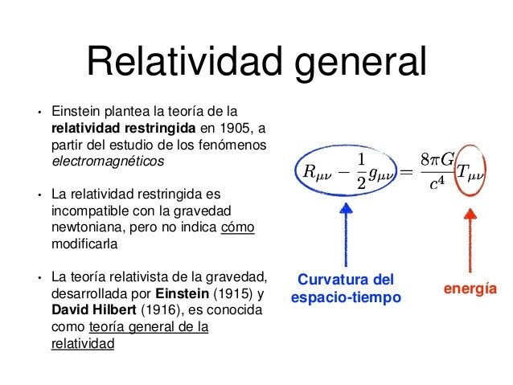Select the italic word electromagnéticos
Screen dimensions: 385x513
tap(107, 161)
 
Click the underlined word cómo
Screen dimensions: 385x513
tap(237, 227)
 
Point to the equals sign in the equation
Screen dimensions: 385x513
tap(406, 171)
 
